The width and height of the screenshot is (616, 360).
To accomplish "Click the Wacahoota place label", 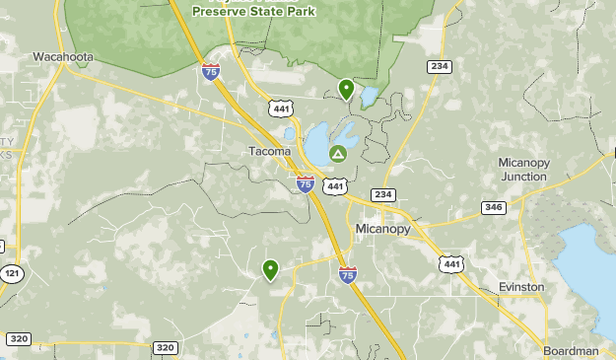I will point(63,56).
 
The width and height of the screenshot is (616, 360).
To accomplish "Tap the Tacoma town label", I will point(269,151).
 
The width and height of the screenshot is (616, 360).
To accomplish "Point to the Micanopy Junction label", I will point(522,169).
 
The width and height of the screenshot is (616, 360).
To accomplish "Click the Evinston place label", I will point(520,287).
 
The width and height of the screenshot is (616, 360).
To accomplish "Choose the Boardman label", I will point(571,351).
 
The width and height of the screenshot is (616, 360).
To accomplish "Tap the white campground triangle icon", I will point(338,153).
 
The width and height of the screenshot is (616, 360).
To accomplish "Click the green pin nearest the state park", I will point(346,89).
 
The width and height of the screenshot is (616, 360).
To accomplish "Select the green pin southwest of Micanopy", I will point(270,268).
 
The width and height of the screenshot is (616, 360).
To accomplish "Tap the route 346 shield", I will point(494,207).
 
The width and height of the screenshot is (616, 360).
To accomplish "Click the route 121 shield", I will point(11,273).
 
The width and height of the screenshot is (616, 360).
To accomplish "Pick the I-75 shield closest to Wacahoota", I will point(210,71).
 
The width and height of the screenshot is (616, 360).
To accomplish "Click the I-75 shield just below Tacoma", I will point(306,183).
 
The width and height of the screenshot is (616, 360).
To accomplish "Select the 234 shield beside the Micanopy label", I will point(382,194).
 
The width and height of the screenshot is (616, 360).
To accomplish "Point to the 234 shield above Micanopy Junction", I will point(440,66).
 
